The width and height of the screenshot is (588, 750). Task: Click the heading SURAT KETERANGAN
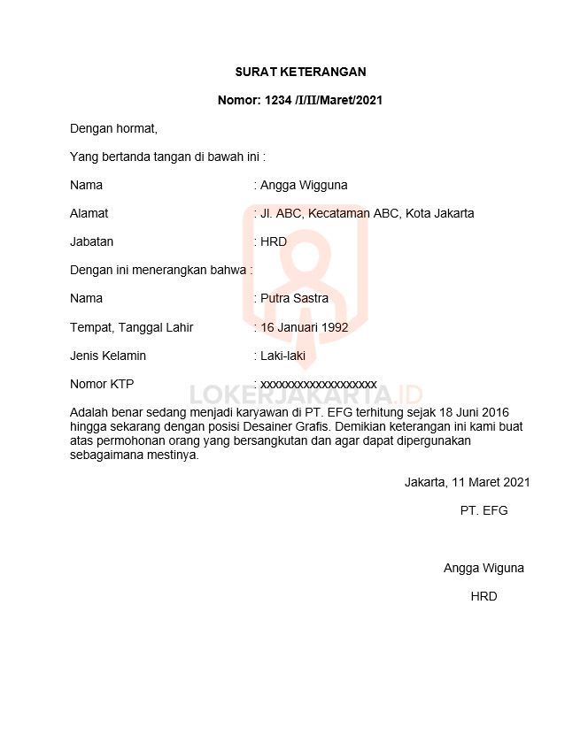(x=300, y=72)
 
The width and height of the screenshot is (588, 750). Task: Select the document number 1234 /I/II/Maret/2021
(x=300, y=100)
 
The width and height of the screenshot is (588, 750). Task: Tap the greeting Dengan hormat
(x=113, y=128)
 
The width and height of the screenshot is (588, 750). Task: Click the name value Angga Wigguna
(x=304, y=185)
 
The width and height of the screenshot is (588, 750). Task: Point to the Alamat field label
(x=89, y=213)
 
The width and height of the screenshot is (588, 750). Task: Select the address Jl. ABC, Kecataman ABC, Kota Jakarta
(x=367, y=213)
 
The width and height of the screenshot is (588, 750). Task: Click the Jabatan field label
(x=91, y=241)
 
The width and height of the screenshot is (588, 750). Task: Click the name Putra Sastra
(x=294, y=298)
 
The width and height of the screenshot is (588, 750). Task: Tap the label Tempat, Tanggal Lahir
(x=131, y=327)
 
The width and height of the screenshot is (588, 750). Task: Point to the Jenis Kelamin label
(x=108, y=356)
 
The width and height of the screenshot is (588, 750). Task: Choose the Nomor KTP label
(x=102, y=384)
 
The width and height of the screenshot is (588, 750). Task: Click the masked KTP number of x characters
(x=318, y=384)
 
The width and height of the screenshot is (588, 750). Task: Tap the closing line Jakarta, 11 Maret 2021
(x=467, y=482)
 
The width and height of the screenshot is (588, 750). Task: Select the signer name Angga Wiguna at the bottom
(x=484, y=568)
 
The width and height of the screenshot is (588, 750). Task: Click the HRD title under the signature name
(x=484, y=596)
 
